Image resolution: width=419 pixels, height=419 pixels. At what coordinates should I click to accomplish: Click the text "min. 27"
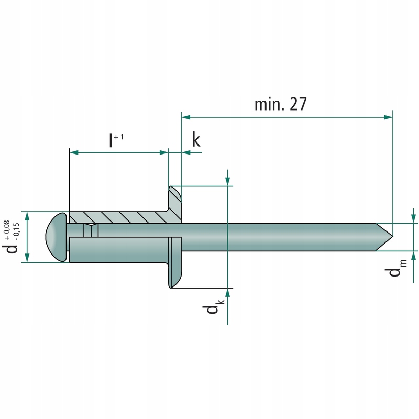tap(280, 104)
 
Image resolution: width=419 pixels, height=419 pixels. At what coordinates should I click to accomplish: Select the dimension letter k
tap(196, 140)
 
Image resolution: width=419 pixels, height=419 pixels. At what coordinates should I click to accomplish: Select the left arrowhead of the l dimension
tap(74, 152)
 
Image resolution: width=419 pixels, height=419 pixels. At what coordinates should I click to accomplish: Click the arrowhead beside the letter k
tap(186, 152)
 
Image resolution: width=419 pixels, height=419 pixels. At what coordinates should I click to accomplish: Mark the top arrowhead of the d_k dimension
tap(228, 181)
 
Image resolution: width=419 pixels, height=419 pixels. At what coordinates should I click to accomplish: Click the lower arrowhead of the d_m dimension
tap(414, 256)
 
